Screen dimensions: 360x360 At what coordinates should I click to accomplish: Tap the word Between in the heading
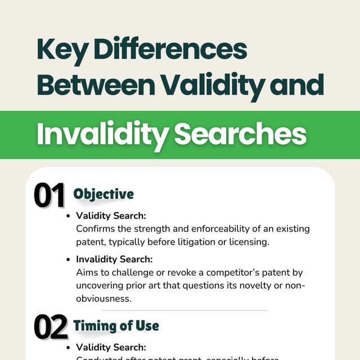tap(95, 84)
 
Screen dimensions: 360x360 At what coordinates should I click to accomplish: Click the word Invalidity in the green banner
tap(100, 134)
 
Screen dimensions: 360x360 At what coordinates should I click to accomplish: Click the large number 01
tap(49, 196)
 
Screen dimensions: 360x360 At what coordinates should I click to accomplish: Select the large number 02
tap(50, 327)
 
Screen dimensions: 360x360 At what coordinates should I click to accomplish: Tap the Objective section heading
tap(103, 194)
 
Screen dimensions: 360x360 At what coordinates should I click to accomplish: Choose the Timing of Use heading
tap(116, 326)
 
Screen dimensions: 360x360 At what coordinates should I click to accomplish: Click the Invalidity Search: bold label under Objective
tap(114, 259)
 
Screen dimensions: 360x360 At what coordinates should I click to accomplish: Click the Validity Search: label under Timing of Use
tap(111, 347)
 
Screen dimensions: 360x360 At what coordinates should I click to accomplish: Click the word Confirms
tap(94, 229)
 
